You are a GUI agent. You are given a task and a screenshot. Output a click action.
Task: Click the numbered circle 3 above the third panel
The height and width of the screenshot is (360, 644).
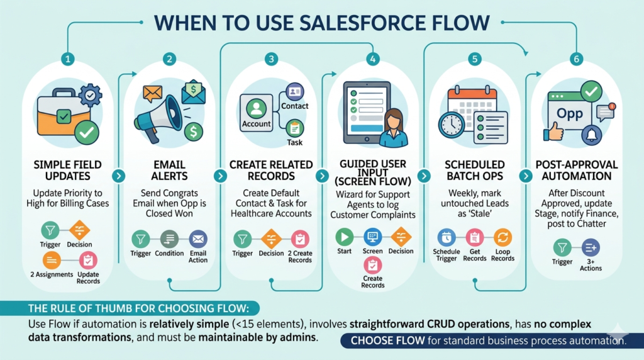coord(271,59)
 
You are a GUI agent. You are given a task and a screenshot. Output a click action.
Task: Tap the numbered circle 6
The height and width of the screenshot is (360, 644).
coord(576,59)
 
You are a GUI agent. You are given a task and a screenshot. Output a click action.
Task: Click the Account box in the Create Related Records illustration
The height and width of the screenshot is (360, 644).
coord(257,113)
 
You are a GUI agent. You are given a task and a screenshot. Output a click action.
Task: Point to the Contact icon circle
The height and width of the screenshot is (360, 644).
coord(294,92)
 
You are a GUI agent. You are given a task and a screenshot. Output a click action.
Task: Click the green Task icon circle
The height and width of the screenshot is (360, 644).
coord(294,128)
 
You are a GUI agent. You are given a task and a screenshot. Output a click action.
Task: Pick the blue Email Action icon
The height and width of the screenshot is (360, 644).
coord(198,239)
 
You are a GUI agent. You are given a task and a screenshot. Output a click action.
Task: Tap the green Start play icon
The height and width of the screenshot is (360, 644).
coord(344,237)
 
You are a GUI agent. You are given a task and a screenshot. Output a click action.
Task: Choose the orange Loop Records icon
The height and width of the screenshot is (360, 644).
coord(502,237)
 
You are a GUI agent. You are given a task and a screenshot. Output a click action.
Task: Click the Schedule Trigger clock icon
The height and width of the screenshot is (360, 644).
coord(447,237)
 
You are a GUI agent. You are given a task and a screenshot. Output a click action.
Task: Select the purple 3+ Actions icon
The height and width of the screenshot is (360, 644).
coord(591,247)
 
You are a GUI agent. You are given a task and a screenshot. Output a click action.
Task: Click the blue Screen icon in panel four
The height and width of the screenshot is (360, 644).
coord(372,237)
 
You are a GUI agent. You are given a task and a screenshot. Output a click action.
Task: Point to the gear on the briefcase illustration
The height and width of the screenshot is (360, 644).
coord(90,95)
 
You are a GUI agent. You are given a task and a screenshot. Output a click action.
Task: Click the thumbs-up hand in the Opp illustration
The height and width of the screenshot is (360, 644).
coord(553,132)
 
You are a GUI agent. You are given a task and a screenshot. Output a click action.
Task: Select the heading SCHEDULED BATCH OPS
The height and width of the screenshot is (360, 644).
coord(475,170)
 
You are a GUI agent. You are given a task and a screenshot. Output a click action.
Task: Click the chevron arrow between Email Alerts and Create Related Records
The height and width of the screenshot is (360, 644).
coord(220,176)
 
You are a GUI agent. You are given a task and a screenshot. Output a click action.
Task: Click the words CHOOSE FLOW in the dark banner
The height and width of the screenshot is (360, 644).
coord(387,340)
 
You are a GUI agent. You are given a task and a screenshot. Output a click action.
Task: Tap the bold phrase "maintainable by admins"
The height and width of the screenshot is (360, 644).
coord(257,338)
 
